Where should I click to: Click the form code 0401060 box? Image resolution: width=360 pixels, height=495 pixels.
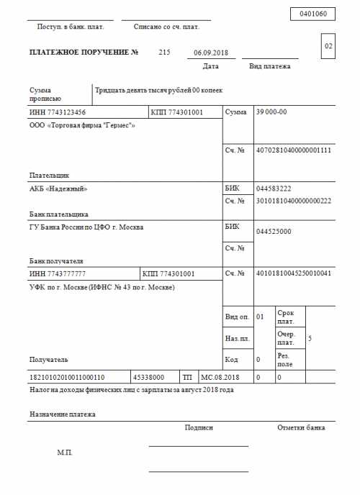tap(312, 14)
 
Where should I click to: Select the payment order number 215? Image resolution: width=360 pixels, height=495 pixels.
tap(164, 53)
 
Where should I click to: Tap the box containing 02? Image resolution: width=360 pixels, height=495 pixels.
tap(328, 47)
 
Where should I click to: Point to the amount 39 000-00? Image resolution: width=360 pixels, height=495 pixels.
tap(271, 112)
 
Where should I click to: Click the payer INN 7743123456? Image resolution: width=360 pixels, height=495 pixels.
tap(58, 112)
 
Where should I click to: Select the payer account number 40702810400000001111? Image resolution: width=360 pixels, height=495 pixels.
tap(294, 150)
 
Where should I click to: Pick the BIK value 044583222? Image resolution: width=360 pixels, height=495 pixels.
tap(274, 189)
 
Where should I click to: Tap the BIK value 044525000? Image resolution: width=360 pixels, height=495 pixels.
tap(274, 231)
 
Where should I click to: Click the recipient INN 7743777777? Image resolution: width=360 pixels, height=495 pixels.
tap(58, 274)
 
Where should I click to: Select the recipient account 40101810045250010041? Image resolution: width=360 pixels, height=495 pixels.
tap(294, 274)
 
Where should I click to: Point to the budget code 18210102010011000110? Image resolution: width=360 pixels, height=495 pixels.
tap(67, 377)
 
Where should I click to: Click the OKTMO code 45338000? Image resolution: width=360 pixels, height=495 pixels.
tap(148, 377)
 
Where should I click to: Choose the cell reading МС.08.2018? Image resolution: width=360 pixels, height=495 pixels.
tap(220, 377)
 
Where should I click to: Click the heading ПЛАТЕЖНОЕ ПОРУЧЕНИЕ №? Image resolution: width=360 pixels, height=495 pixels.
tap(84, 53)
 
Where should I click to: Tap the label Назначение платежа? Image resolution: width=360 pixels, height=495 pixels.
tap(63, 414)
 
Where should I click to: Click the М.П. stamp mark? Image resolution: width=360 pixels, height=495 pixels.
tap(65, 453)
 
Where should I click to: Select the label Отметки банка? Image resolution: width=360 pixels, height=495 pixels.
tap(301, 427)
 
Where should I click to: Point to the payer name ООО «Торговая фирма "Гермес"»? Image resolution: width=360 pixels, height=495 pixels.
tap(82, 125)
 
